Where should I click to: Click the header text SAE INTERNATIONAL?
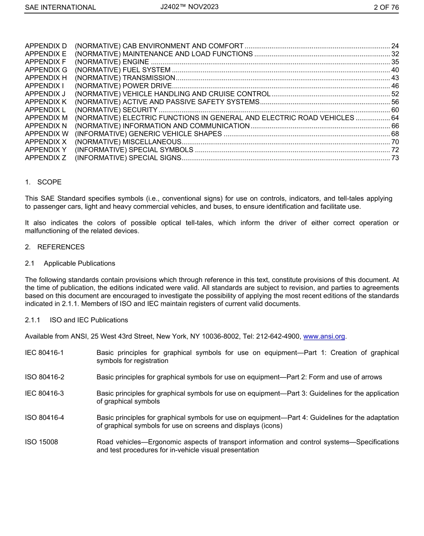[60, 7]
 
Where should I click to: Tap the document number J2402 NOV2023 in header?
[189, 7]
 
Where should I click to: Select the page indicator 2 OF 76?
[386, 7]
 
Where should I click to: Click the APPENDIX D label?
[46, 46]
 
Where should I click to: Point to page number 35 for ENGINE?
[395, 62]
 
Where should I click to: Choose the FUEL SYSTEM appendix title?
[146, 70]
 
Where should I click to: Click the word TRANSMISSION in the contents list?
[149, 78]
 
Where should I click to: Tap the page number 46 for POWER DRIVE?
[395, 86]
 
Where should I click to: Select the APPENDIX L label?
[46, 110]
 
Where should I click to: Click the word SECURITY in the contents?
[140, 110]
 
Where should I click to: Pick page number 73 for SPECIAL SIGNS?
[395, 158]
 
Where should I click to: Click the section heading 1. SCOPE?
[43, 182]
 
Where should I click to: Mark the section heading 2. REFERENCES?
[54, 247]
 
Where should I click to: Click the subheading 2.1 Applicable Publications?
[70, 263]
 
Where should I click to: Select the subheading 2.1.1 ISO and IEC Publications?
[76, 320]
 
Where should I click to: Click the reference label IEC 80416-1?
[45, 353]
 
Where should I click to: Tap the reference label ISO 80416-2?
[45, 377]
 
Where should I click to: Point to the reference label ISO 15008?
[42, 442]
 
